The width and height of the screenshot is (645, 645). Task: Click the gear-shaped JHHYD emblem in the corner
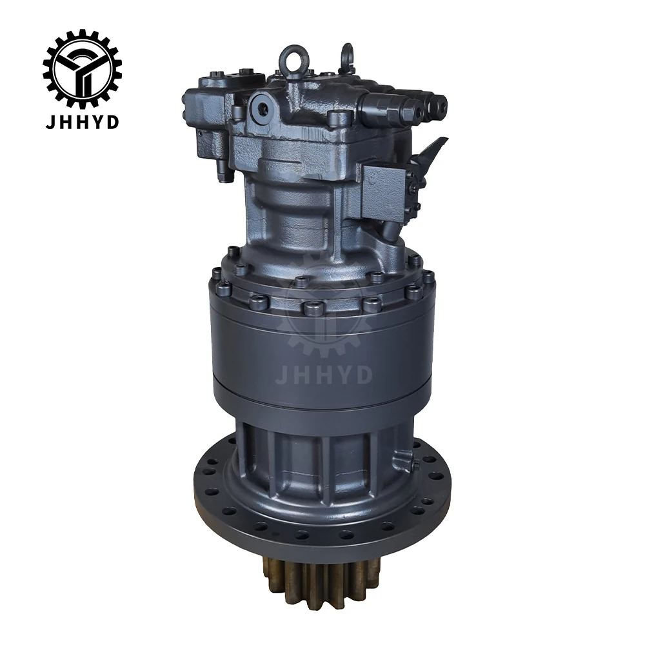pos(83,68)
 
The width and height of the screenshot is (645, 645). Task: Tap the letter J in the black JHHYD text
pos(51,122)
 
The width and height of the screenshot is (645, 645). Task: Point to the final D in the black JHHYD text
pos(113,122)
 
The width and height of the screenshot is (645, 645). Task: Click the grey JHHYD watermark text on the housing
pos(324,375)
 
